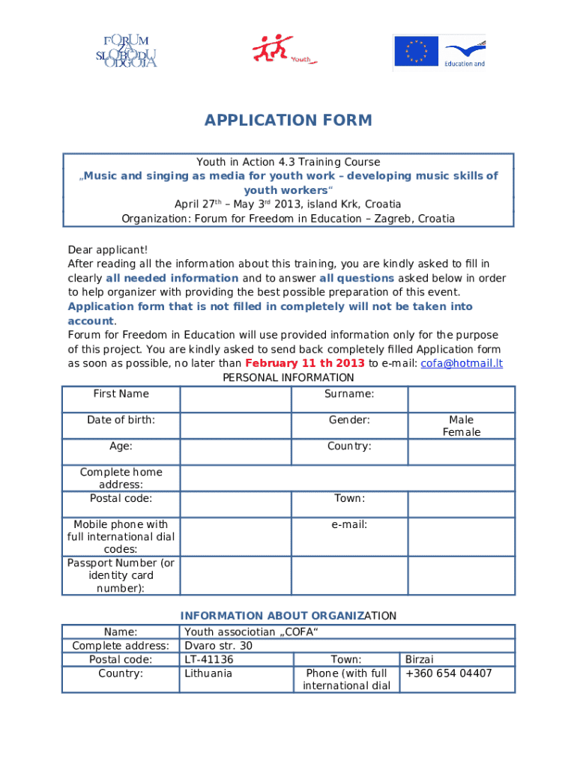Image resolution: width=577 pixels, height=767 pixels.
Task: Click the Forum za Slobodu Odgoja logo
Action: (126, 51)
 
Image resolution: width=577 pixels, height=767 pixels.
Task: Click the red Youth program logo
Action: (283, 51)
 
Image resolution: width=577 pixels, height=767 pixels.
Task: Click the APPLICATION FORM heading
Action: (288, 121)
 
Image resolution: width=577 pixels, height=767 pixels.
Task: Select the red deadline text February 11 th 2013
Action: (305, 363)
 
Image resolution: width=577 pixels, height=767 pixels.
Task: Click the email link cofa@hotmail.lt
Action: (462, 363)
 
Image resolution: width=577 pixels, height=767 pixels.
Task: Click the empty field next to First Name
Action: (235, 399)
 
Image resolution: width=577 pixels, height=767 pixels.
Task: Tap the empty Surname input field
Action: (461, 399)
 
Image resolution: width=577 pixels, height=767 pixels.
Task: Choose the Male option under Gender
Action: (461, 419)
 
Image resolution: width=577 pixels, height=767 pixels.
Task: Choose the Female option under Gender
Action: (461, 432)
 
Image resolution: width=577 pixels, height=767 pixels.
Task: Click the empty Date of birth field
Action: (235, 425)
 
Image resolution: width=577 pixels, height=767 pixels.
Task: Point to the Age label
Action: (121, 446)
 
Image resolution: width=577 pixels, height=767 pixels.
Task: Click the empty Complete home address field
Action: (347, 478)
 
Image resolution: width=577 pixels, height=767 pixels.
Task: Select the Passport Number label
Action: (121, 575)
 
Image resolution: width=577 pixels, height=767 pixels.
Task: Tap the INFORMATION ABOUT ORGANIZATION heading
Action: (288, 616)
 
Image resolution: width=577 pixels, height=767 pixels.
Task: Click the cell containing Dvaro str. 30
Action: (219, 646)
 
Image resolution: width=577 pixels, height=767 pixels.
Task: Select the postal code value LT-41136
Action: (209, 660)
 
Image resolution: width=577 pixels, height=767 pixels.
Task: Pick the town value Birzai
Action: (420, 660)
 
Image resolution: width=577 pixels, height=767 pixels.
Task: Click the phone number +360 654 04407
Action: (448, 673)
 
